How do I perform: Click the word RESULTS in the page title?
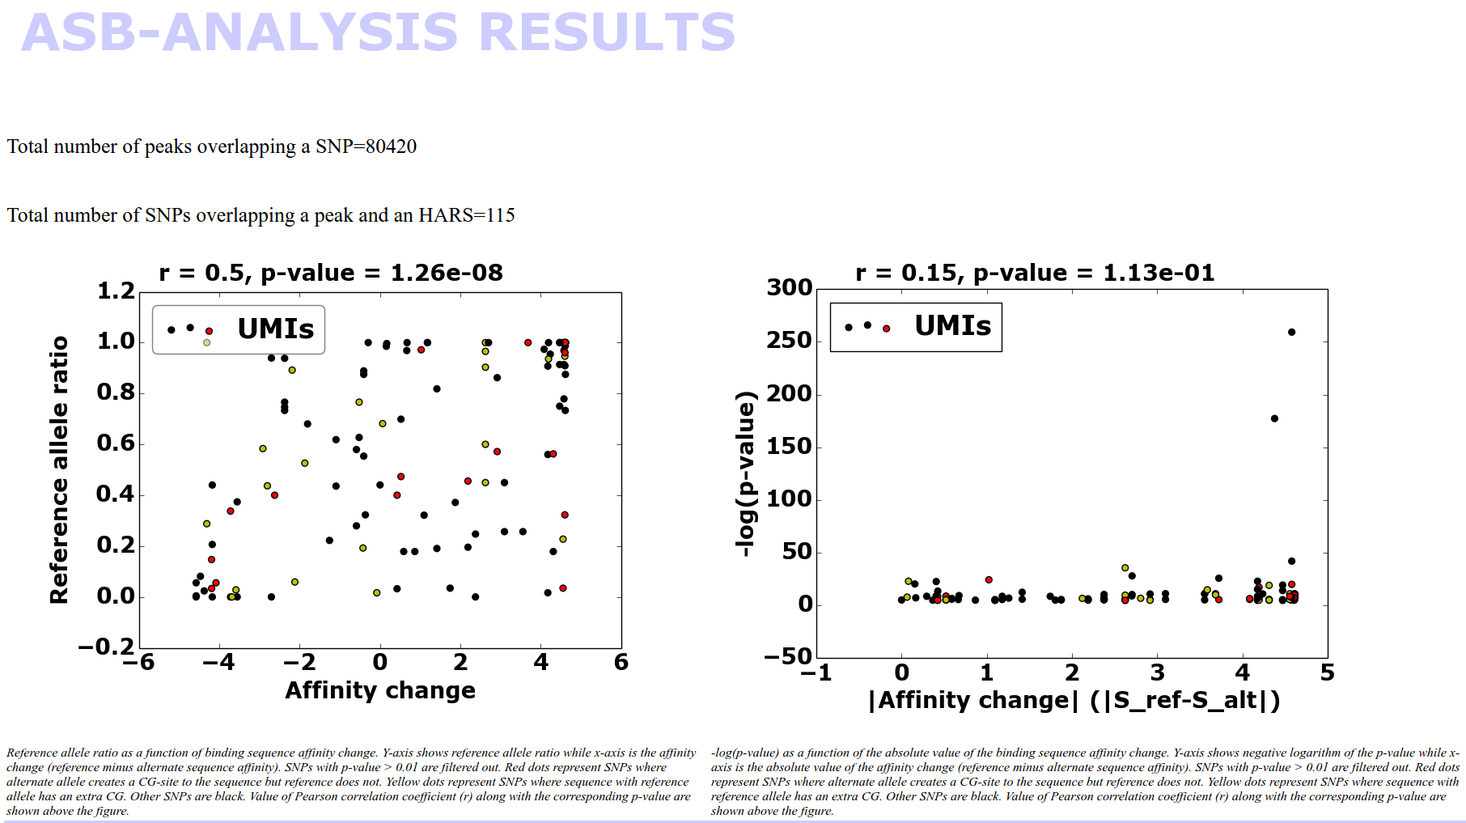click(606, 32)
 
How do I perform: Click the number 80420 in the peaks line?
click(391, 146)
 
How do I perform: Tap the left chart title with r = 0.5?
click(330, 273)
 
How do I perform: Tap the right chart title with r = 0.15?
click(1035, 273)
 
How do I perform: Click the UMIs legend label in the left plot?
click(275, 329)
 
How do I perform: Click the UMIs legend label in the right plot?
click(952, 325)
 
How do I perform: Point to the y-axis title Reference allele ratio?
click(59, 469)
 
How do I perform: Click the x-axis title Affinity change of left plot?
click(380, 690)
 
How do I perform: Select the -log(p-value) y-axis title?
click(745, 473)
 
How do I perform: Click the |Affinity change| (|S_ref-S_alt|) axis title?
click(1074, 700)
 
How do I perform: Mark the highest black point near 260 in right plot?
click(1291, 332)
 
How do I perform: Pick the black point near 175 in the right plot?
click(1274, 418)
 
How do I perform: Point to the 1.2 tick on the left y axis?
click(116, 291)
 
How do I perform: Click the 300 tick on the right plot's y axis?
click(790, 288)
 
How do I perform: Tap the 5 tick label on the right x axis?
click(1327, 672)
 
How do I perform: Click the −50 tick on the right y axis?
click(787, 656)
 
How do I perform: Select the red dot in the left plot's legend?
click(209, 331)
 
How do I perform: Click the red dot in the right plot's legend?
click(887, 328)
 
